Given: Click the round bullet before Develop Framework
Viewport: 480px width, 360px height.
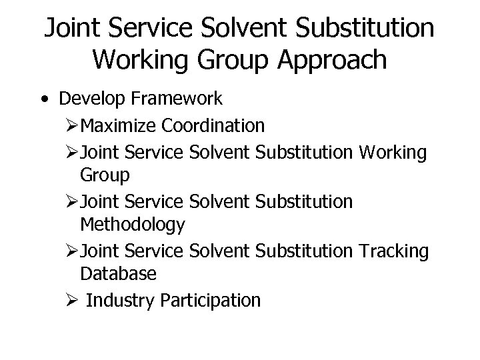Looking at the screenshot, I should point(43,99).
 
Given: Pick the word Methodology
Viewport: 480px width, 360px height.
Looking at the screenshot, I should point(133,225).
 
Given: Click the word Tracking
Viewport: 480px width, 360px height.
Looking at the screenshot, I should point(393,251).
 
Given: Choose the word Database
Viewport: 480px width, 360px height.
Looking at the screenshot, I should point(118,273).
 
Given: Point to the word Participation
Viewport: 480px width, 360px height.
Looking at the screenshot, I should point(211,301).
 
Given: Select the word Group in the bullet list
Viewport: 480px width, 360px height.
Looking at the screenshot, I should point(105,175).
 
